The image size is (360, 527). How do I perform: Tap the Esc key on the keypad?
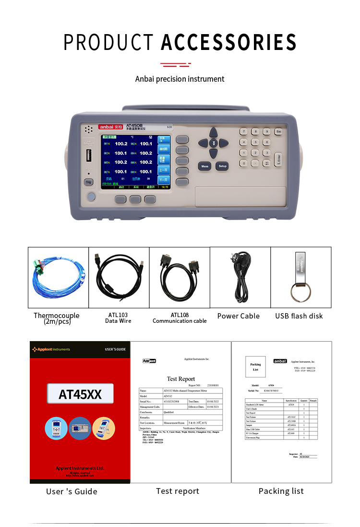pyautogui.click(x=278, y=131)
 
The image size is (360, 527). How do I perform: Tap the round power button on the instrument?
pyautogui.click(x=90, y=196)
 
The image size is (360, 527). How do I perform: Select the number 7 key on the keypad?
pyautogui.click(x=243, y=131)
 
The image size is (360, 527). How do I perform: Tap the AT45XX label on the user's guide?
pyautogui.click(x=80, y=394)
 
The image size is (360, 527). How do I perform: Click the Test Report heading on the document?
pyautogui.click(x=180, y=379)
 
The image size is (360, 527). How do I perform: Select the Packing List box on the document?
pyautogui.click(x=255, y=367)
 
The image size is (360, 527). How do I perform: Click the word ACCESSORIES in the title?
pyautogui.click(x=228, y=42)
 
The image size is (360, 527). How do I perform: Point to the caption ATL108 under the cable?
pyautogui.click(x=180, y=315)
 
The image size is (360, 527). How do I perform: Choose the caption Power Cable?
pyautogui.click(x=238, y=316)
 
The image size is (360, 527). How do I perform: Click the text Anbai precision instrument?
pyautogui.click(x=180, y=79)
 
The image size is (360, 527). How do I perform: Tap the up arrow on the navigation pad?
pyautogui.click(x=213, y=134)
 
